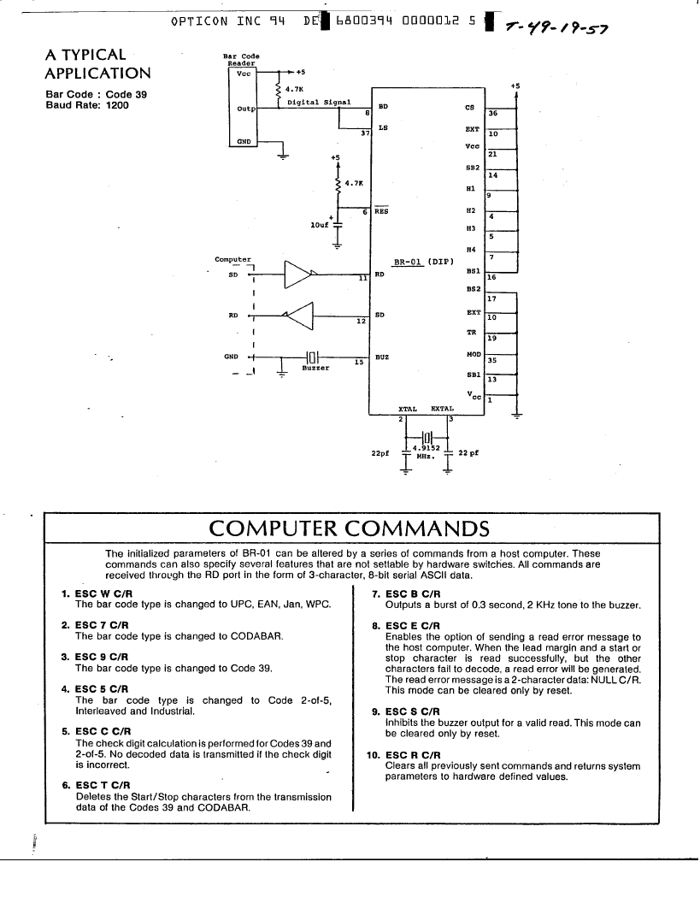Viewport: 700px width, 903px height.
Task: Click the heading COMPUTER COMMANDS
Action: [350, 528]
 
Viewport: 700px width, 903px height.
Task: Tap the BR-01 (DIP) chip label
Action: [424, 262]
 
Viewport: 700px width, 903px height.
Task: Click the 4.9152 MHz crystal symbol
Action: [426, 436]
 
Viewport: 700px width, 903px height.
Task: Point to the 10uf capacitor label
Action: [320, 225]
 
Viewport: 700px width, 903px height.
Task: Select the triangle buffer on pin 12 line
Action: [298, 315]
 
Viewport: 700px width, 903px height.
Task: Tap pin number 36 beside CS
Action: [493, 114]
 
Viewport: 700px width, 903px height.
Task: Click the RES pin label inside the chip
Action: [381, 211]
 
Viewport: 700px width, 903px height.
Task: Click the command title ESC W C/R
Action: [103, 593]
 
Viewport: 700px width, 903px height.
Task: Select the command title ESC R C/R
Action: [413, 755]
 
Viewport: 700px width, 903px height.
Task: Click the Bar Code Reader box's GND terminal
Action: [244, 142]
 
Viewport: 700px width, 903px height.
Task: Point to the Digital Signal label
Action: [319, 103]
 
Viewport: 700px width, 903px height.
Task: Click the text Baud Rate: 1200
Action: [87, 105]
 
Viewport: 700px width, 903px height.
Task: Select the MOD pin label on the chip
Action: [474, 354]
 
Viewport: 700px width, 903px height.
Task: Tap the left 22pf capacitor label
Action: [380, 453]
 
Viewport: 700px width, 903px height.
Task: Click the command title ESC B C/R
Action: [413, 593]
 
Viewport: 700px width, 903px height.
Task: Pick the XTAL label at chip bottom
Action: [408, 409]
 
